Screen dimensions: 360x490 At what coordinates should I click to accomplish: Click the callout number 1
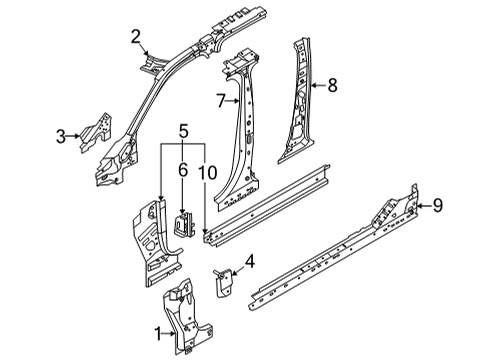pos(154,331)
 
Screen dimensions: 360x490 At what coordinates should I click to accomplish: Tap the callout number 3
pos(62,136)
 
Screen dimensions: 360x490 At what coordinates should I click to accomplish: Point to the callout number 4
pos(250,262)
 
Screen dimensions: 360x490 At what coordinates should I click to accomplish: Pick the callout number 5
pos(182,129)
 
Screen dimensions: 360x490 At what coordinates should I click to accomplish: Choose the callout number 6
pos(182,171)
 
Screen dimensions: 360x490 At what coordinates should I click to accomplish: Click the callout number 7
pos(219,100)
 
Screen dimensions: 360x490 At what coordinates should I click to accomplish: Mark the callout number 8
pos(332,86)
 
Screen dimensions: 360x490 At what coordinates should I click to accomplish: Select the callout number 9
pos(437,207)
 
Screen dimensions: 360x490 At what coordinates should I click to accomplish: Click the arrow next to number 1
pos(165,331)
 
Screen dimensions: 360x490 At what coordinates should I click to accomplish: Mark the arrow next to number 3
pos(73,136)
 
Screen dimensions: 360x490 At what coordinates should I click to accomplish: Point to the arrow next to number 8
pos(319,86)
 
